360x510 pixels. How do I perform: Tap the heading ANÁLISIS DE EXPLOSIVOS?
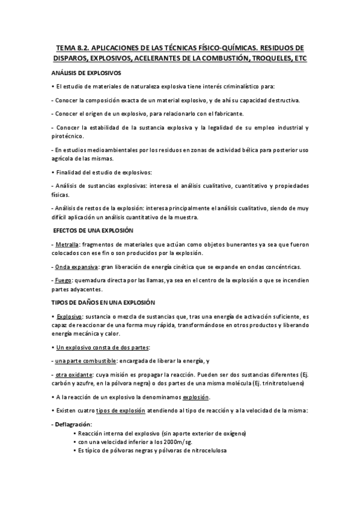[x=87, y=72]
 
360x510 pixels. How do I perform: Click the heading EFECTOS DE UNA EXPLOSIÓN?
[x=94, y=230]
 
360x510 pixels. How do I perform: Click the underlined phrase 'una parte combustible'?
[x=83, y=361]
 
